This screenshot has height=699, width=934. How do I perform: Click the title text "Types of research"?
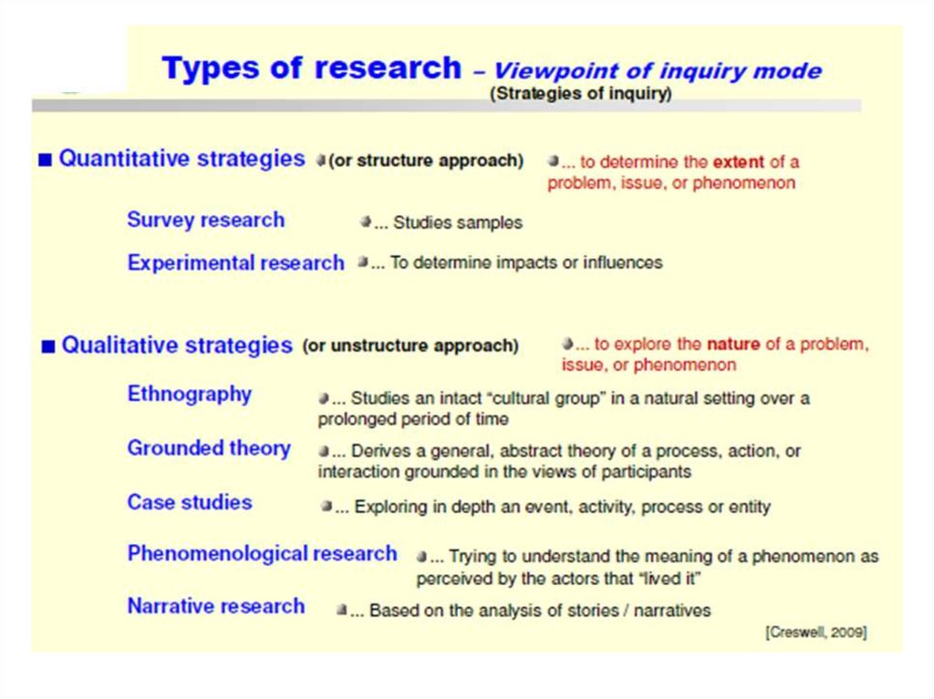pyautogui.click(x=311, y=68)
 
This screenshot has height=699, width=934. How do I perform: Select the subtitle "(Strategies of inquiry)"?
pyautogui.click(x=580, y=94)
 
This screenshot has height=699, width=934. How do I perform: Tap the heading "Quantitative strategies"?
pyautogui.click(x=182, y=159)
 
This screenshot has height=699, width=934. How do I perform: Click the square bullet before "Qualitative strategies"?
pyautogui.click(x=48, y=346)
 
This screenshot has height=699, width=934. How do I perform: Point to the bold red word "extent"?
pyautogui.click(x=738, y=162)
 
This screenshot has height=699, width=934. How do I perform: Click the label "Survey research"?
pyautogui.click(x=205, y=220)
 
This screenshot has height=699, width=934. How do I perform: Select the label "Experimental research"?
pyautogui.click(x=235, y=263)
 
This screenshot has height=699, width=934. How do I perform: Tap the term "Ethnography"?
pyautogui.click(x=189, y=395)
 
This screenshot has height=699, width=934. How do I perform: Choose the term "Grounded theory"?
pyautogui.click(x=209, y=448)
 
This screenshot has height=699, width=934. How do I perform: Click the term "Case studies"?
pyautogui.click(x=190, y=502)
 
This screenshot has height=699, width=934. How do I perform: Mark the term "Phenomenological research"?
pyautogui.click(x=262, y=554)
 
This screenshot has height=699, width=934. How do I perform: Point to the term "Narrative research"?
pyautogui.click(x=216, y=607)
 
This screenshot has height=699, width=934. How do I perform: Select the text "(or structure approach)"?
pyautogui.click(x=426, y=161)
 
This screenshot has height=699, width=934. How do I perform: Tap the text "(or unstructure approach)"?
pyautogui.click(x=410, y=346)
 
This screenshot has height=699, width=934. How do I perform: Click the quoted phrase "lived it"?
pyautogui.click(x=669, y=579)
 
